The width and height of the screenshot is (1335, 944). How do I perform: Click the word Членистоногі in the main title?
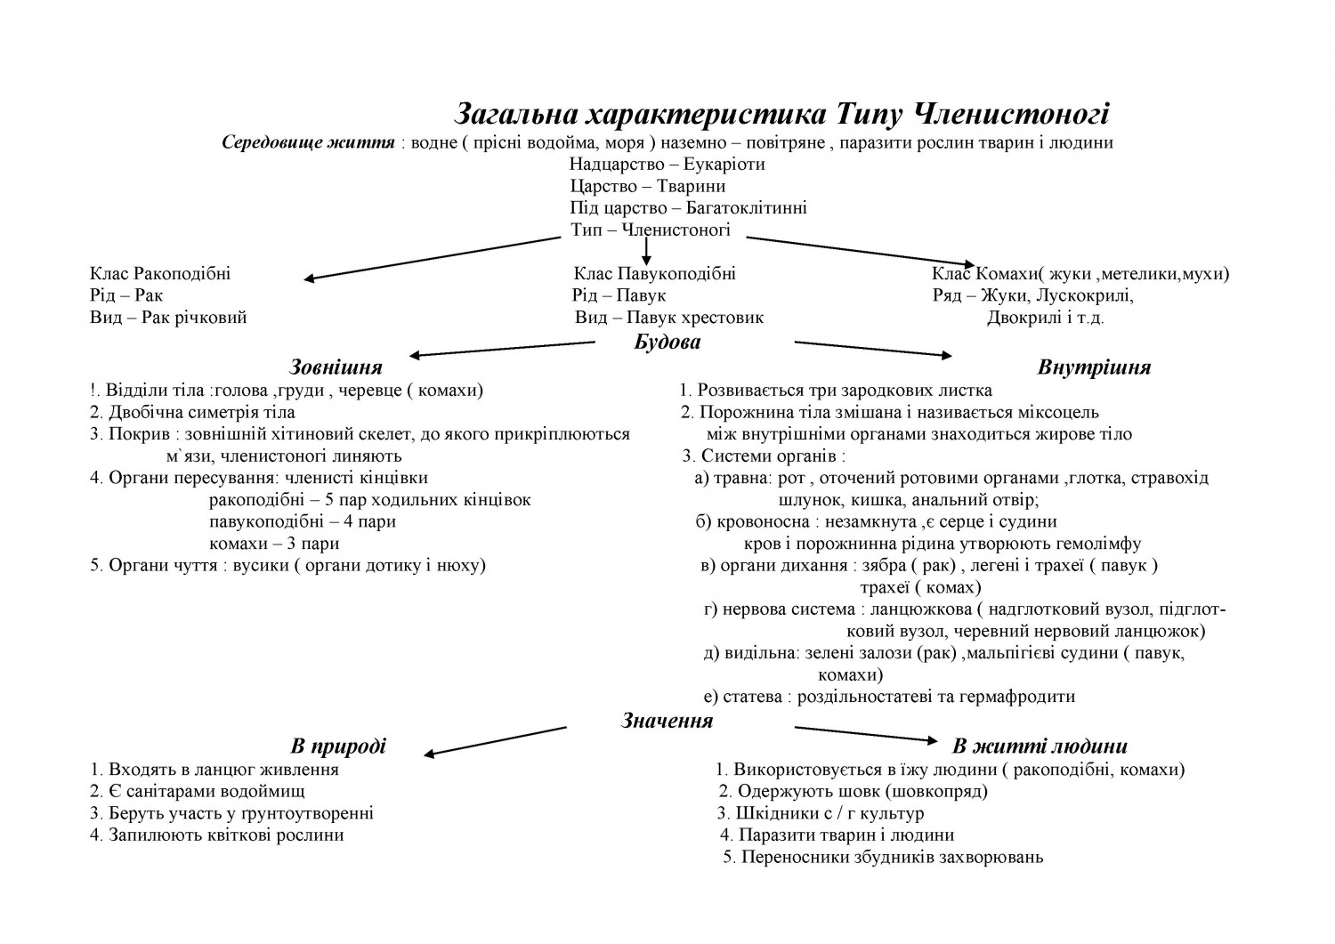pyautogui.click(x=1011, y=115)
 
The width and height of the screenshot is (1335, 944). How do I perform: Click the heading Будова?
pyautogui.click(x=667, y=342)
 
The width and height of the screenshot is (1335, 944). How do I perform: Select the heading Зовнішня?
pyautogui.click(x=336, y=367)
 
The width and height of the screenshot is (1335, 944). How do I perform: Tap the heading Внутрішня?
pyautogui.click(x=1094, y=367)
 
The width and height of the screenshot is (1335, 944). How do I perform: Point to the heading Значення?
pyautogui.click(x=667, y=721)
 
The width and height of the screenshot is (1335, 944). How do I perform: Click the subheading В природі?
pyautogui.click(x=338, y=746)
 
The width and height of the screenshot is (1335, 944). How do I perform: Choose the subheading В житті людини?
pyautogui.click(x=1040, y=746)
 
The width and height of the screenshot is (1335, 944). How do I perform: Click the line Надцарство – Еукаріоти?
pyautogui.click(x=667, y=165)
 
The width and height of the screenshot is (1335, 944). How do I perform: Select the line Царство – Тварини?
pyautogui.click(x=647, y=187)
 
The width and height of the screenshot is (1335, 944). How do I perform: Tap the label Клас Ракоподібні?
pyautogui.click(x=160, y=274)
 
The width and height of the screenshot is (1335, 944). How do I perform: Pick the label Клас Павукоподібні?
pyautogui.click(x=654, y=274)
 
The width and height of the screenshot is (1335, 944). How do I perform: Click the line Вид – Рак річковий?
pyautogui.click(x=168, y=318)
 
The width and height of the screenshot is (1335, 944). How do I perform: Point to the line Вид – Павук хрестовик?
pyautogui.click(x=668, y=318)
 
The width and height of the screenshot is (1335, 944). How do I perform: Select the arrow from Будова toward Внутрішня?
pyautogui.click(x=872, y=348)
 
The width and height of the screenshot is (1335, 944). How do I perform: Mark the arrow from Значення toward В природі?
pyautogui.click(x=495, y=741)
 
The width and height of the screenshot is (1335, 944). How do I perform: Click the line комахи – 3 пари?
pyautogui.click(x=274, y=544)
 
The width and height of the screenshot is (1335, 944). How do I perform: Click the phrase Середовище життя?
pyautogui.click(x=308, y=142)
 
